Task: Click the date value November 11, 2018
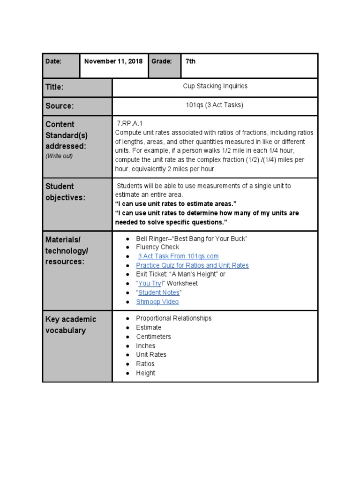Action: click(x=113, y=61)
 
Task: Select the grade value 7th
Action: click(x=190, y=61)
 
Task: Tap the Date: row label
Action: click(x=54, y=61)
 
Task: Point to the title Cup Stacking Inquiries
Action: click(x=215, y=86)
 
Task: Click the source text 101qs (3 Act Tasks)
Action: click(x=215, y=105)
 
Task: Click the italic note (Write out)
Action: click(x=59, y=156)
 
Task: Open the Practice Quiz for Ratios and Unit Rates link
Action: click(x=192, y=265)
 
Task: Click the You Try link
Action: click(x=150, y=284)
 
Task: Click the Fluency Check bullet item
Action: click(x=157, y=247)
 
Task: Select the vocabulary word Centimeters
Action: click(x=153, y=337)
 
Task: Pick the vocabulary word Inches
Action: click(x=145, y=346)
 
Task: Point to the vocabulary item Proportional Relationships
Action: click(x=173, y=318)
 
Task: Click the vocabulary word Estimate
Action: click(x=149, y=327)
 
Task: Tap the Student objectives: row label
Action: click(x=66, y=192)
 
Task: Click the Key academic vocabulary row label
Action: click(x=70, y=325)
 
